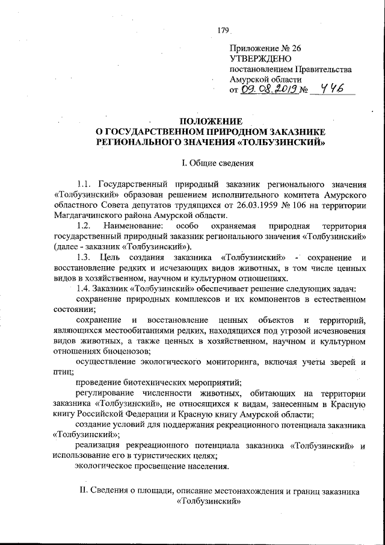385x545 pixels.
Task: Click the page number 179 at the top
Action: [x=224, y=30]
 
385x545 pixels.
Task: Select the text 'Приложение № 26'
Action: [x=265, y=48]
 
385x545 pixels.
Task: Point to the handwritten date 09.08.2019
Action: [x=266, y=90]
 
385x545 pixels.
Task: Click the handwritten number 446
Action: [x=331, y=89]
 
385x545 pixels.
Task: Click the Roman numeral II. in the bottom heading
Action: [x=84, y=491]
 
